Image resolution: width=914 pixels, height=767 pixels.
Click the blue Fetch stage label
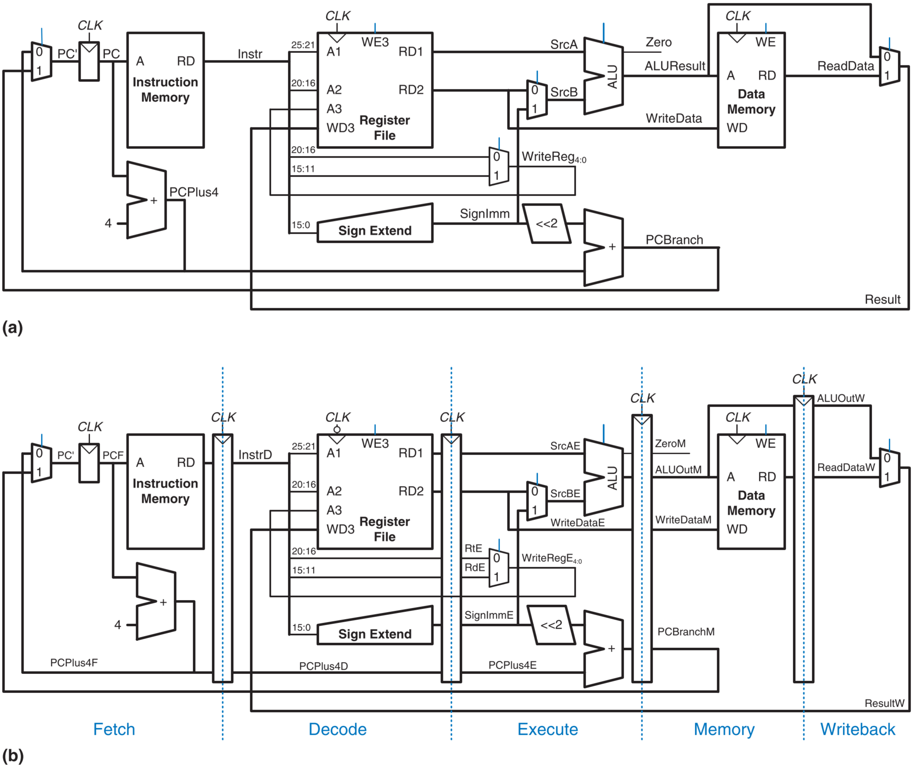click(114, 729)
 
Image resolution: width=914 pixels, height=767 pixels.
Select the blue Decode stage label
click(337, 729)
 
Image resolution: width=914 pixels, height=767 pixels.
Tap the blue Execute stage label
click(548, 729)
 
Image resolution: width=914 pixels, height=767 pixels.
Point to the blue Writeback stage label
click(857, 729)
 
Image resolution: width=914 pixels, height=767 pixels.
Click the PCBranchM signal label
click(686, 632)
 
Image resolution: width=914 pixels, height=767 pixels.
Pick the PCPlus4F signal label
click(74, 662)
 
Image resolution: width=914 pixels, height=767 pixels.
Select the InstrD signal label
click(255, 455)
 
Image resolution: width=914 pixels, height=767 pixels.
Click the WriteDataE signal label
click(578, 523)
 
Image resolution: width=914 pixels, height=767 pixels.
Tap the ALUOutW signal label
click(840, 398)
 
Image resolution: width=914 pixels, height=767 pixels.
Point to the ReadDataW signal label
click(846, 467)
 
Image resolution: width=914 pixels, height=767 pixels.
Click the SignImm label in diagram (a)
click(484, 214)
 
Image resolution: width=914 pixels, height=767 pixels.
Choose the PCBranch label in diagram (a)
click(674, 240)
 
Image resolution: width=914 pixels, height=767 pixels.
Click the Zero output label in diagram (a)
click(658, 42)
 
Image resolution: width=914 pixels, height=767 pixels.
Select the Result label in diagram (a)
click(882, 300)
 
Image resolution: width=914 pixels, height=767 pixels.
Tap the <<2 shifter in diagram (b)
click(551, 625)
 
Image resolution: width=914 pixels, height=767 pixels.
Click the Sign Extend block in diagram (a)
click(375, 223)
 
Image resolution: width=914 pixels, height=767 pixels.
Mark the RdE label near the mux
click(474, 568)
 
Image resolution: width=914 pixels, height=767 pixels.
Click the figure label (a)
click(12, 327)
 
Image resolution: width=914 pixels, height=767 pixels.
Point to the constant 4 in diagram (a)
click(108, 223)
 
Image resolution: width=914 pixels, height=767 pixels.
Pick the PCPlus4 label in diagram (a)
click(194, 192)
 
